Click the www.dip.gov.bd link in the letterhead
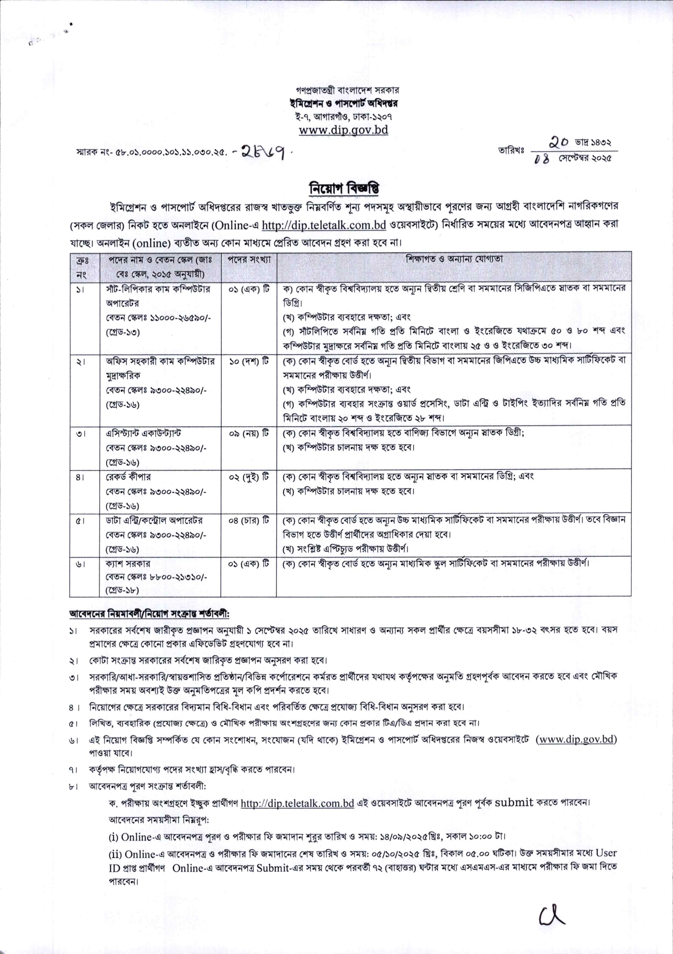[344, 130]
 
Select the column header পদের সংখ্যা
[249, 260]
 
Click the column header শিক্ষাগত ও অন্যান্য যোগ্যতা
[454, 259]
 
